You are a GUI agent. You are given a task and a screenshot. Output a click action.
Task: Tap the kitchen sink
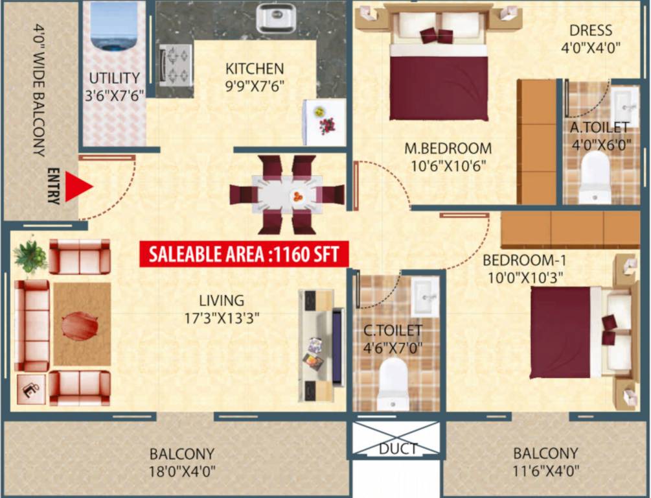point(276,18)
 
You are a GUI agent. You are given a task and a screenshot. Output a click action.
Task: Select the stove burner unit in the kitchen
point(176,64)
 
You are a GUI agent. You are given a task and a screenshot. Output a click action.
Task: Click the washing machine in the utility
point(114,26)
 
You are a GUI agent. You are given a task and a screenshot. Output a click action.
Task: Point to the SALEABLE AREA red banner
point(244,254)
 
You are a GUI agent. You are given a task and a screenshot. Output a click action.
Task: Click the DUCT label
point(398,449)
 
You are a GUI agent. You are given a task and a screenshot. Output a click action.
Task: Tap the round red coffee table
point(80,326)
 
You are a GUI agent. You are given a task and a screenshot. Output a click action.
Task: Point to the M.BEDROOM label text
point(448,148)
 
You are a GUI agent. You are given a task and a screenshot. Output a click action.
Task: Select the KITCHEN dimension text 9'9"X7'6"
point(255,84)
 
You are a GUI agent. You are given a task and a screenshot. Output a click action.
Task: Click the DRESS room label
point(590,30)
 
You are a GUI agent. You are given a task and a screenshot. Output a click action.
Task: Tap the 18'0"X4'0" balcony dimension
point(181,470)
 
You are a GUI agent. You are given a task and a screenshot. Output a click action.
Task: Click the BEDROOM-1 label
point(525,261)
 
